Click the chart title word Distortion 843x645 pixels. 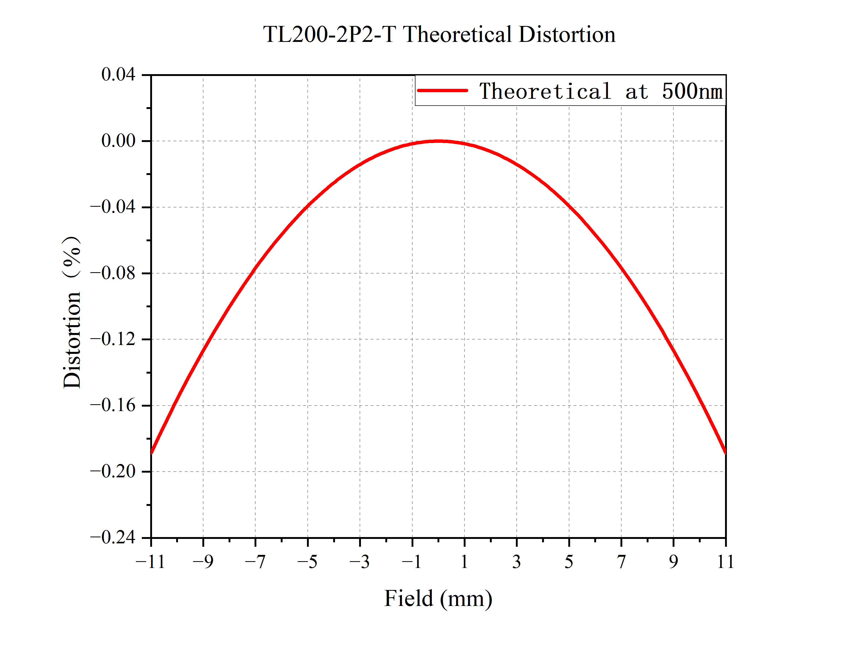567,35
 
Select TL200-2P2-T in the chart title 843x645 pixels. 329,35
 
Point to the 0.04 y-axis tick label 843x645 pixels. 118,74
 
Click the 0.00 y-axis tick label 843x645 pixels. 118,141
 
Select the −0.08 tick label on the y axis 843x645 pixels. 113,273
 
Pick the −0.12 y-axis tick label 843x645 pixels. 113,339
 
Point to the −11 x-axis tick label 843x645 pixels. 150,562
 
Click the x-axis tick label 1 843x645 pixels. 464,562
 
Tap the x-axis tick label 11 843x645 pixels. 726,562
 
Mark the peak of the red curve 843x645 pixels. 438,141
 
